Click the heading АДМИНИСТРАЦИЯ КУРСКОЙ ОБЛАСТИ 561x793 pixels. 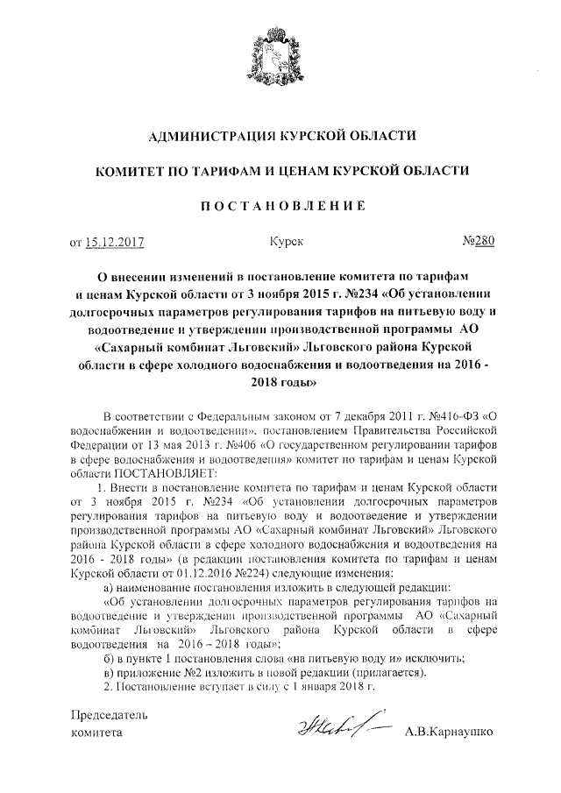pos(280,137)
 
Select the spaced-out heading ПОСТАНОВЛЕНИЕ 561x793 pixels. pos(280,206)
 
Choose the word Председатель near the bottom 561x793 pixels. pos(109,715)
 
